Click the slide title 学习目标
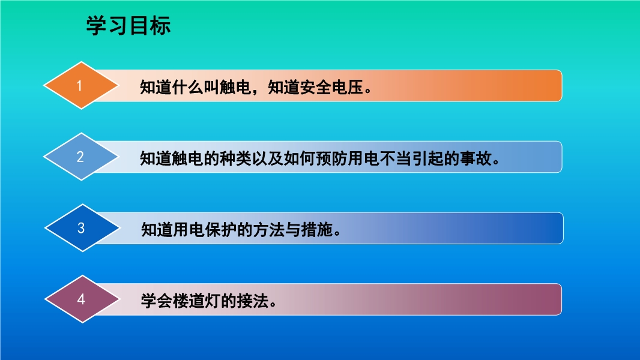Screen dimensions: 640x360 pyautogui.click(x=128, y=26)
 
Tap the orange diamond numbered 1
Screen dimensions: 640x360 pyautogui.click(x=81, y=85)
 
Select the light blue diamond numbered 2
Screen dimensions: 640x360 pyautogui.click(x=81, y=157)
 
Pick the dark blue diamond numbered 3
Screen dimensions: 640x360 pyautogui.click(x=82, y=228)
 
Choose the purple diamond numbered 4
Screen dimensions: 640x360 pyautogui.click(x=82, y=299)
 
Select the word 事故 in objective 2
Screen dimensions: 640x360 pyautogui.click(x=475, y=158)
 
